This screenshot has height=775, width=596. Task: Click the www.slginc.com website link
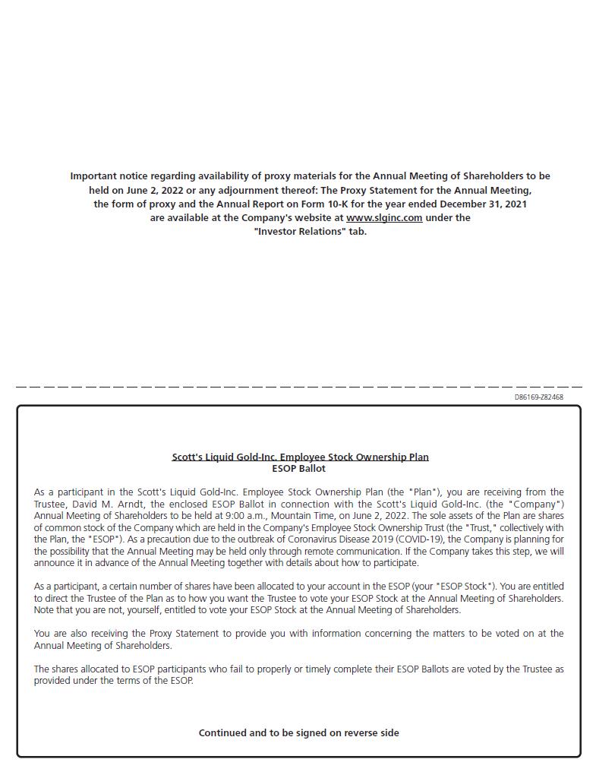click(384, 217)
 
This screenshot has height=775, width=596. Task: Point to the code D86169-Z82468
click(538, 397)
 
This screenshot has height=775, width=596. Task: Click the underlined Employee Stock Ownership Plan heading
click(300, 457)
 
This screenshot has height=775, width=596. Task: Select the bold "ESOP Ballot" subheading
click(298, 468)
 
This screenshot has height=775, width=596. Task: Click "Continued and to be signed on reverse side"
click(298, 732)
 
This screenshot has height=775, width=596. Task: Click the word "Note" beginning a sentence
click(46, 609)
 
